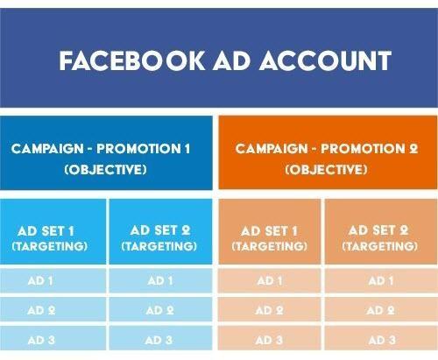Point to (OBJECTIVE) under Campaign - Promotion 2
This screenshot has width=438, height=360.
326,169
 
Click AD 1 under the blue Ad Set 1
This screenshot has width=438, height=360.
42,281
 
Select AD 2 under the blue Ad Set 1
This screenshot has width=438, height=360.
42,310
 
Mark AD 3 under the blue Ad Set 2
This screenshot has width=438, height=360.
159,340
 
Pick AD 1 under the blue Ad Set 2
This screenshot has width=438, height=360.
159,281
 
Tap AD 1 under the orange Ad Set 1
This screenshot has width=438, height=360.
269,281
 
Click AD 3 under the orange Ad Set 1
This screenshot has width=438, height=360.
269,340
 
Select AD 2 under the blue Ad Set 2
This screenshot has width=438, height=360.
159,310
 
